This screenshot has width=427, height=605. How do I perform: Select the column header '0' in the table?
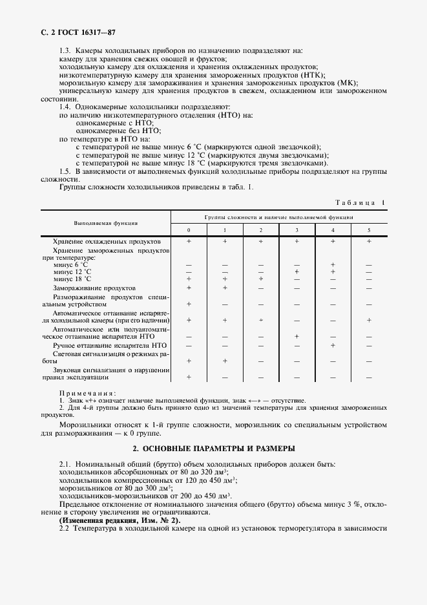coord(189,230)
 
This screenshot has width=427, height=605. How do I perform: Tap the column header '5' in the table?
coord(369,230)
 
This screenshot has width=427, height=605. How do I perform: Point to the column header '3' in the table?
coord(297,230)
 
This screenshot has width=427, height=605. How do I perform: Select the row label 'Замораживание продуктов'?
coord(94,288)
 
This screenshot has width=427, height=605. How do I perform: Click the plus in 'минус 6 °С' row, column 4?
coord(333,264)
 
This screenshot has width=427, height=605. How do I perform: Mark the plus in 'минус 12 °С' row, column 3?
coord(297,271)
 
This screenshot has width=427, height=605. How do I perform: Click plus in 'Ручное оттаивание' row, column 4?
coord(333,346)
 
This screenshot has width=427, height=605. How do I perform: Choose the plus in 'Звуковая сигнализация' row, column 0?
coord(189,377)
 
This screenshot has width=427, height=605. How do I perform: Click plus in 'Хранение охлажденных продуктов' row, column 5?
coord(369,241)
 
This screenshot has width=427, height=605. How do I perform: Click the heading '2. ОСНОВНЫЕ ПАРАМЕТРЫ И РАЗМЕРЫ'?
coord(214,448)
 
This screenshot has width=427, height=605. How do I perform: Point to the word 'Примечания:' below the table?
coord(87,392)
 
